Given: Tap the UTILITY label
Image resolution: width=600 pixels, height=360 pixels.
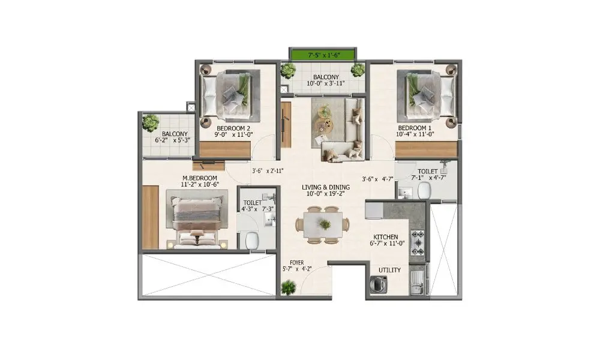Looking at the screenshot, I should [x=389, y=271].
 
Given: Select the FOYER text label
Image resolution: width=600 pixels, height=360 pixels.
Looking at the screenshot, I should [x=297, y=263].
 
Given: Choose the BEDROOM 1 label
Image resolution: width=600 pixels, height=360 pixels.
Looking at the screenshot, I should [x=415, y=128].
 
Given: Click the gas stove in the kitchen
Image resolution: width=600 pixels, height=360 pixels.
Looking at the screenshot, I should [x=417, y=243].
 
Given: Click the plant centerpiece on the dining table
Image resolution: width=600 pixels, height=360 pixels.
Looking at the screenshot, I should [x=325, y=224].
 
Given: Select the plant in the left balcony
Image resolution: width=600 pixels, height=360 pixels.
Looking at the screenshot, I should [x=148, y=123].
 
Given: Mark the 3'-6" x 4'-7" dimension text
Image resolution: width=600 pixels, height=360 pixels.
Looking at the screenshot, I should [x=377, y=178].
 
